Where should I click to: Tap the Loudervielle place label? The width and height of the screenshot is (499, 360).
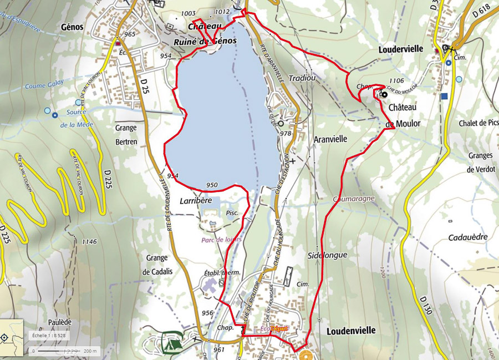click(400, 49)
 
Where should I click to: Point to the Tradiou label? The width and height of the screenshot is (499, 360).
click(302, 78)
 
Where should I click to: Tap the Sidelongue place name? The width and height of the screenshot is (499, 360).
click(327, 255)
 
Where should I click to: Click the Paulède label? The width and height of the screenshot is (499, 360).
click(59, 322)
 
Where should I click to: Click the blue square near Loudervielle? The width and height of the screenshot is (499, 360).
click(444, 96)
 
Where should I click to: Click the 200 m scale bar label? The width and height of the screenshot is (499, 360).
click(90, 351)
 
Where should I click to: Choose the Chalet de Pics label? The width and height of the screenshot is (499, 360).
click(479, 123)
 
